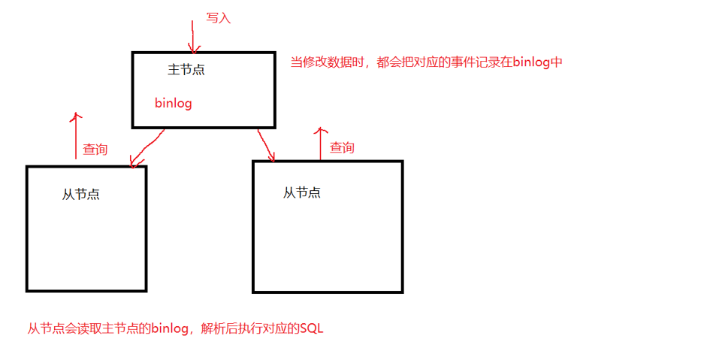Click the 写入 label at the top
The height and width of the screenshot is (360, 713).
(x=218, y=18)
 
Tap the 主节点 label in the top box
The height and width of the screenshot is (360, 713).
(x=186, y=70)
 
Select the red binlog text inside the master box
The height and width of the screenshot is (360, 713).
(x=174, y=103)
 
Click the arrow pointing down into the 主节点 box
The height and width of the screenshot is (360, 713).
(x=193, y=38)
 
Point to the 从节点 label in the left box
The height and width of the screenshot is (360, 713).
(x=81, y=194)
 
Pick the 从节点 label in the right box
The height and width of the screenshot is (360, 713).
(x=302, y=192)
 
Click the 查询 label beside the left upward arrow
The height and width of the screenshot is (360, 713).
(x=95, y=150)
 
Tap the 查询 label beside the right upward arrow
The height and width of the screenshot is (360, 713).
(x=342, y=147)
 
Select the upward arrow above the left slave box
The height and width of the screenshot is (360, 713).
(x=76, y=135)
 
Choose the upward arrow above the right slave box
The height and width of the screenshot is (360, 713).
(x=321, y=143)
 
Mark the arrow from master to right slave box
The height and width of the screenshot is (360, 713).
(x=266, y=145)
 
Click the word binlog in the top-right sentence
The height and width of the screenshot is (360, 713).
(x=532, y=62)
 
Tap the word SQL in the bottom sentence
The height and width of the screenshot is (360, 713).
(x=311, y=328)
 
